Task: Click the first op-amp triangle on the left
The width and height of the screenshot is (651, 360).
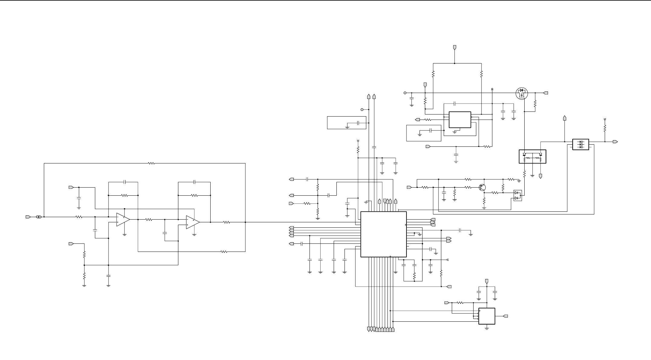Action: (123, 220)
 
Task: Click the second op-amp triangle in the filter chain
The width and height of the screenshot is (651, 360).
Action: (193, 222)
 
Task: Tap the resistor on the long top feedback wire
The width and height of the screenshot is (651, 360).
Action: (151, 163)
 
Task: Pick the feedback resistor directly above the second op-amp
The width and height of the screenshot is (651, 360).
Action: (194, 195)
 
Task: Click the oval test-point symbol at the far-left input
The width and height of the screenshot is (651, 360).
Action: (38, 217)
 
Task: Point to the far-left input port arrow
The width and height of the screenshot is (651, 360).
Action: (28, 217)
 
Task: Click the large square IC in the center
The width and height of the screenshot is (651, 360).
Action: (383, 234)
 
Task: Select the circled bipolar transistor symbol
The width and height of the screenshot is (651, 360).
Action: (482, 188)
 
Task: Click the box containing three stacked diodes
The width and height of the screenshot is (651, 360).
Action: (581, 144)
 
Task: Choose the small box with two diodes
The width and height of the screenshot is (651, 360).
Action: (518, 195)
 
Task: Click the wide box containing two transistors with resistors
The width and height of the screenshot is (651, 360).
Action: (533, 156)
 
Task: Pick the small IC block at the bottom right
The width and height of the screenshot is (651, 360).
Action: (487, 316)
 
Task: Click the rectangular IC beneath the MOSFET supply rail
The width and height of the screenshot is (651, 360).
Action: (460, 120)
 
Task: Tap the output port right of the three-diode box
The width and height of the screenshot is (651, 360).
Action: (615, 142)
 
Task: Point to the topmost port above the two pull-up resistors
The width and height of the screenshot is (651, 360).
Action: (455, 47)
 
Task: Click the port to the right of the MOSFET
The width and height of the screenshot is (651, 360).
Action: (546, 93)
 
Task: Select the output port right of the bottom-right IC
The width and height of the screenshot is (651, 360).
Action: (506, 316)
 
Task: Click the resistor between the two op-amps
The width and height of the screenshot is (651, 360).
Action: (149, 220)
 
